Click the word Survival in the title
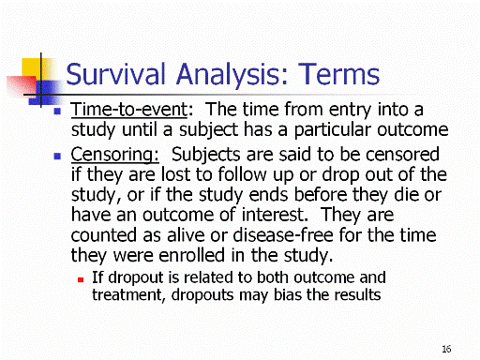coord(115,74)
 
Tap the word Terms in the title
coord(339,74)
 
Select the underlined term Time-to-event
coord(129,110)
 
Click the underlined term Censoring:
coord(114,155)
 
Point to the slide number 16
coord(446,349)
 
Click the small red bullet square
coord(81,279)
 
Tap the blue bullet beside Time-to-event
coord(57,111)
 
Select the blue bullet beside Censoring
coord(57,156)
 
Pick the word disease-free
coord(283,235)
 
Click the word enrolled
coord(192,255)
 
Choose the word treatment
coord(127,295)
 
